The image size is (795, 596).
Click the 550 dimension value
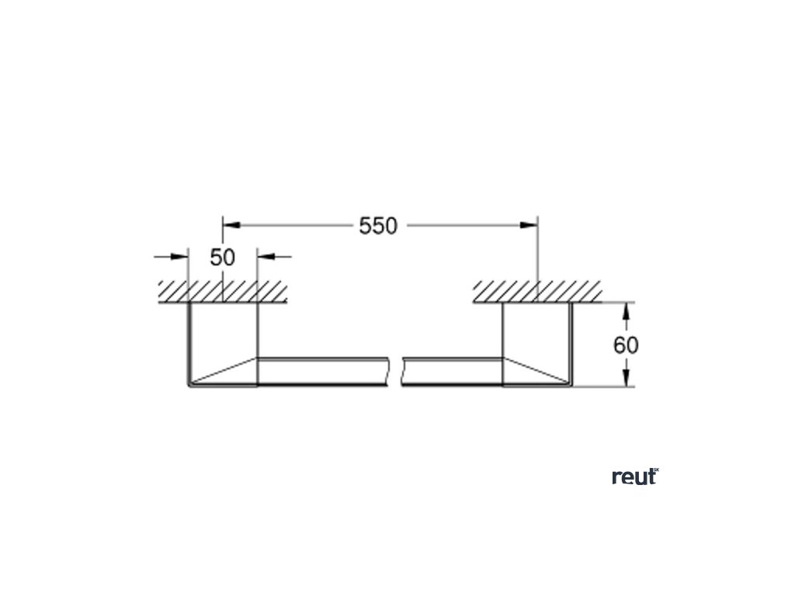[378, 226]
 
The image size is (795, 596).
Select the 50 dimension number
[222, 257]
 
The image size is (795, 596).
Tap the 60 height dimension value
[626, 345]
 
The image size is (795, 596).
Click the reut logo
[634, 477]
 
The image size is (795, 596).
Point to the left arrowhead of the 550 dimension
[231, 225]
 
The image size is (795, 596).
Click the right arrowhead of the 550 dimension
[529, 225]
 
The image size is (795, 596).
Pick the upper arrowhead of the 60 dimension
[627, 310]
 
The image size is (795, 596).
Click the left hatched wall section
[223, 291]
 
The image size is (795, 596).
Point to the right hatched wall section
[537, 291]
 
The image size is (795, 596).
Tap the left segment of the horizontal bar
[322, 371]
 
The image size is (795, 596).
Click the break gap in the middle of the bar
[395, 371]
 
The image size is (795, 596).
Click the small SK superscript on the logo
[656, 471]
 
